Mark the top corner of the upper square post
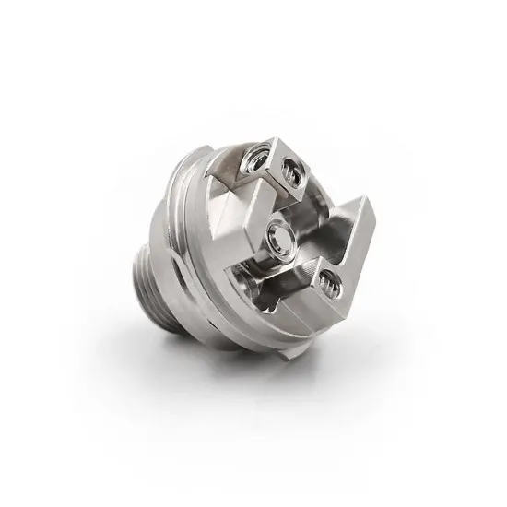(274, 139)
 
